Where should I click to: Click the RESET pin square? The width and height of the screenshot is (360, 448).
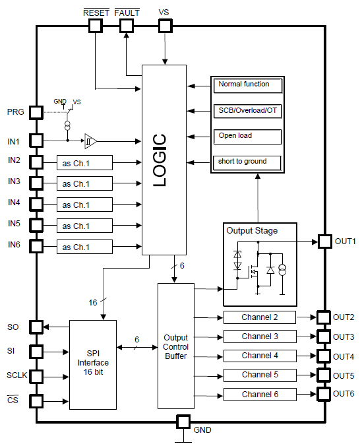(x=96, y=26)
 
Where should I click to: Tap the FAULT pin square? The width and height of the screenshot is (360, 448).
(x=127, y=26)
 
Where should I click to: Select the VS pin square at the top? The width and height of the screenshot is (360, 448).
(x=165, y=26)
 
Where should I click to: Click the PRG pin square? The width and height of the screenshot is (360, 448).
(x=36, y=113)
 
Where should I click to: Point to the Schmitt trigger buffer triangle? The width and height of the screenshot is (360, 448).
(x=90, y=141)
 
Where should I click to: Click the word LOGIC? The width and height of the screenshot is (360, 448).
(x=160, y=160)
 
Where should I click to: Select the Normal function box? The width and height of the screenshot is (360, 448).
(x=247, y=85)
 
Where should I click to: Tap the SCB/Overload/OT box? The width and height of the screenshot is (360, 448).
(x=247, y=111)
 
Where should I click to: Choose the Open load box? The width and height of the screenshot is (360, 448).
(x=247, y=137)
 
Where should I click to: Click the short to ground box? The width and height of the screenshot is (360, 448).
(x=247, y=162)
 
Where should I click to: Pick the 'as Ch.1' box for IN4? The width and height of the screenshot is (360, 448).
(x=84, y=205)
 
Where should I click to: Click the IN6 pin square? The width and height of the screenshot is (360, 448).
(x=36, y=246)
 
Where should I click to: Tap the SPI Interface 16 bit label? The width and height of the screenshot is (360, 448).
(x=93, y=363)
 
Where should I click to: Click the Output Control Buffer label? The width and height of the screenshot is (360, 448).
(x=176, y=347)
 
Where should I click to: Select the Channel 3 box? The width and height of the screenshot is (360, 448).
(x=260, y=336)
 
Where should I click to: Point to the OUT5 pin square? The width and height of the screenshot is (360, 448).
(x=324, y=375)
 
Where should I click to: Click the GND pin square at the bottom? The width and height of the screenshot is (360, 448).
(x=183, y=422)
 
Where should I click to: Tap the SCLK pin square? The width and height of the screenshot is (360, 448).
(x=36, y=377)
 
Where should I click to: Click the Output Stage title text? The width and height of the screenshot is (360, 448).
(x=252, y=231)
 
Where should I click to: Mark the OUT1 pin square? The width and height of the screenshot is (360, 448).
(x=325, y=241)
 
